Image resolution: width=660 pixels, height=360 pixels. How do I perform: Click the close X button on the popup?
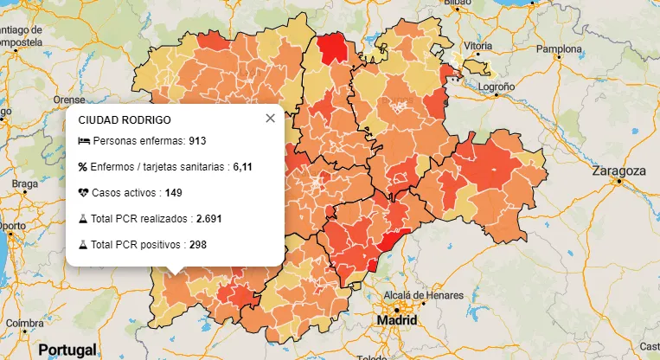(270, 119)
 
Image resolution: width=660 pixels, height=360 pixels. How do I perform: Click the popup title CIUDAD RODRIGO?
(124, 119)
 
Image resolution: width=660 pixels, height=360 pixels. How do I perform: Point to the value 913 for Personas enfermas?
(198, 140)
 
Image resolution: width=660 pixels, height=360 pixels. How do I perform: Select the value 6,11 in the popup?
(242, 166)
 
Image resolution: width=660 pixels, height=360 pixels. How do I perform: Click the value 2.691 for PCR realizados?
(208, 219)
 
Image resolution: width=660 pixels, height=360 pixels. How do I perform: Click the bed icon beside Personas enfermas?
(83, 140)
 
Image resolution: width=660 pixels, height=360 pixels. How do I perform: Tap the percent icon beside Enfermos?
(83, 166)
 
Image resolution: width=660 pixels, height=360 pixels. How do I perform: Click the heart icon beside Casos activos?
(83, 192)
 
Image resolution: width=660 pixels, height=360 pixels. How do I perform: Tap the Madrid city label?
(397, 320)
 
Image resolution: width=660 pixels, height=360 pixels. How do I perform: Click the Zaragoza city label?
(618, 171)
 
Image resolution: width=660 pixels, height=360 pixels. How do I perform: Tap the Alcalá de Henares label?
(406, 295)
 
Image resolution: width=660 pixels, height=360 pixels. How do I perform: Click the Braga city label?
(25, 183)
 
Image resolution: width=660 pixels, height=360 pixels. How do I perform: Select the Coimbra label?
(23, 323)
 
